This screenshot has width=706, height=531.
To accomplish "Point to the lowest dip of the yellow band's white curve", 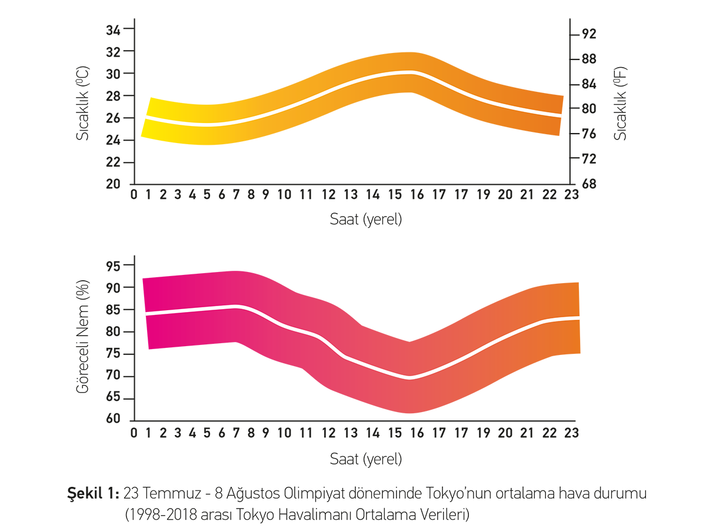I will (x=207, y=124).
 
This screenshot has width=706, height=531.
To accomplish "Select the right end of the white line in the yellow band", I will (x=564, y=116).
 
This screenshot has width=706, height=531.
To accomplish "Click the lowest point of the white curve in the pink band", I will (x=410, y=378).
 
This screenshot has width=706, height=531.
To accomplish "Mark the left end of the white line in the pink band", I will (x=142, y=314).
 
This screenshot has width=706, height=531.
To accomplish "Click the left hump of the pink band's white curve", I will (x=236, y=306).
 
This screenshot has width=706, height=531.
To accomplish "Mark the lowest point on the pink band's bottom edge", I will (x=410, y=417).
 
